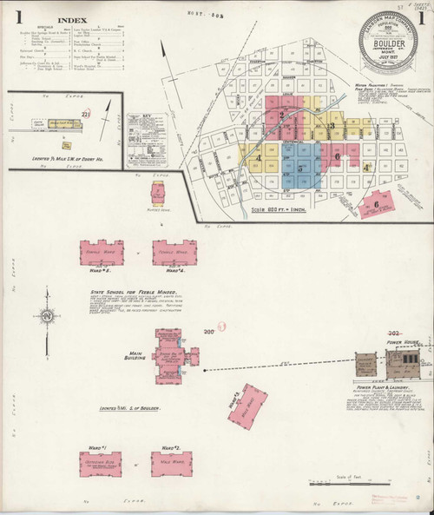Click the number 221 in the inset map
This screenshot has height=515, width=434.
click(x=85, y=114)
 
